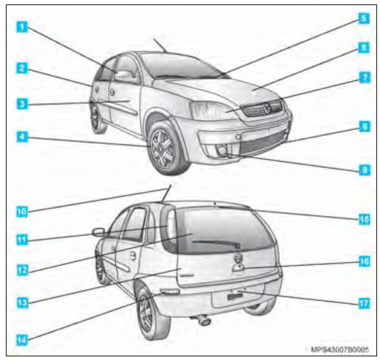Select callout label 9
pos(362,170)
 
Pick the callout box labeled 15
pos(362,217)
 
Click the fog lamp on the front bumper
pos(223,151)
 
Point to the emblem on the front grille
pos(268,108)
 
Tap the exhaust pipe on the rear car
pos(203,320)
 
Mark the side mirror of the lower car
pos(98,232)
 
